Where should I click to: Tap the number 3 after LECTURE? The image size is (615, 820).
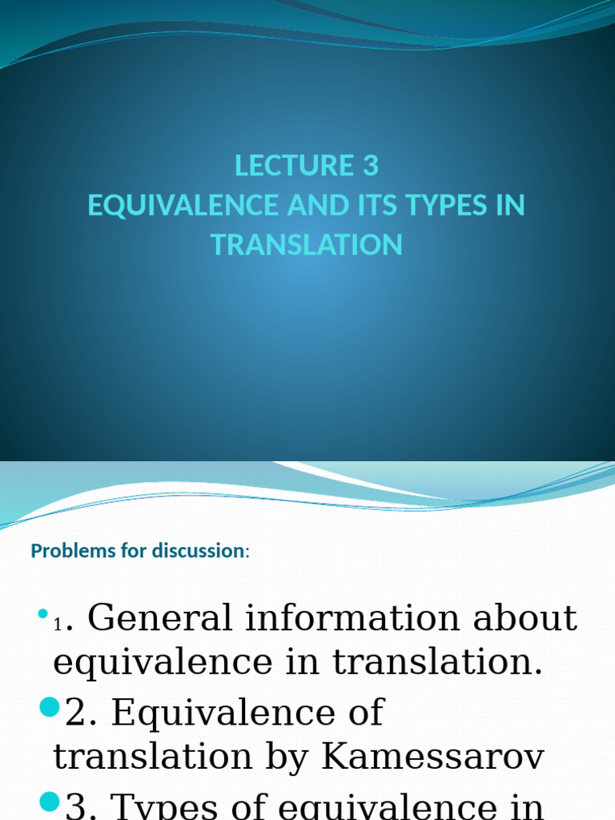pos(370,166)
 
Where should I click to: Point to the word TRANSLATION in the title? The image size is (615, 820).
pos(307,244)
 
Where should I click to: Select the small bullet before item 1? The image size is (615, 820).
pos(42,615)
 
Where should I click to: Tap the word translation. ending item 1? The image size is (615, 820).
pos(437,662)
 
